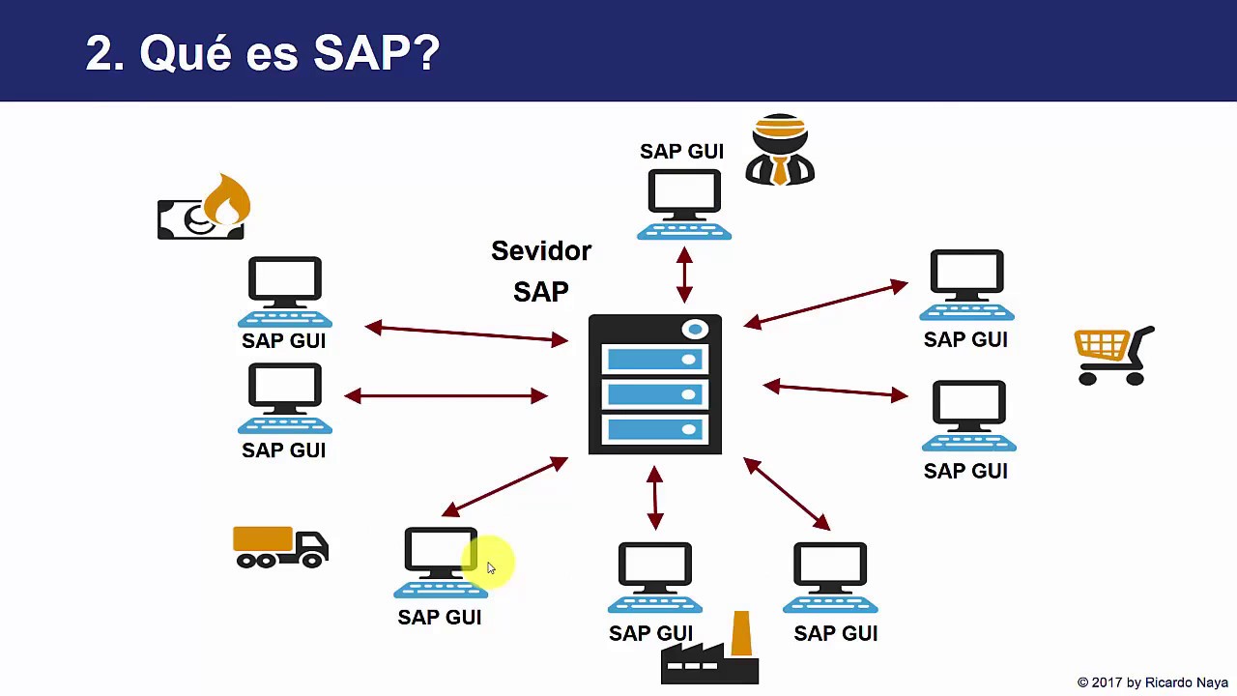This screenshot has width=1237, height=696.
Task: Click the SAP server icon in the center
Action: (655, 385)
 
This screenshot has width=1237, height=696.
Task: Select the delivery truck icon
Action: (280, 547)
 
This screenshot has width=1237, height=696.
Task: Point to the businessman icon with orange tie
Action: (780, 151)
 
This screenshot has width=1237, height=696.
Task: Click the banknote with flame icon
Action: (204, 208)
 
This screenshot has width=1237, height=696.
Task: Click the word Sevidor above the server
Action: (540, 251)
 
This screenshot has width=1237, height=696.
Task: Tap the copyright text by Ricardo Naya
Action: (1152, 682)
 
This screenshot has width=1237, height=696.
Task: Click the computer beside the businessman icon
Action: (684, 204)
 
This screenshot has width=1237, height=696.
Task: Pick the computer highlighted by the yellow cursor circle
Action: (440, 563)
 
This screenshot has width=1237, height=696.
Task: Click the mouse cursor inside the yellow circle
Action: (491, 568)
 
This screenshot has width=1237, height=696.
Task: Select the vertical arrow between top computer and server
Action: (684, 275)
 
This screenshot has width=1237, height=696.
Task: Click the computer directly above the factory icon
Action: (655, 577)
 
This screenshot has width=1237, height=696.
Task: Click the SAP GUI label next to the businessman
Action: (681, 152)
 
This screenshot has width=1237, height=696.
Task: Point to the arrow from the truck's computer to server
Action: (504, 486)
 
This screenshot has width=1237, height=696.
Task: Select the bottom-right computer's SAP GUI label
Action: (835, 634)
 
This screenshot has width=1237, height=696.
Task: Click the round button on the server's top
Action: (695, 331)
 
